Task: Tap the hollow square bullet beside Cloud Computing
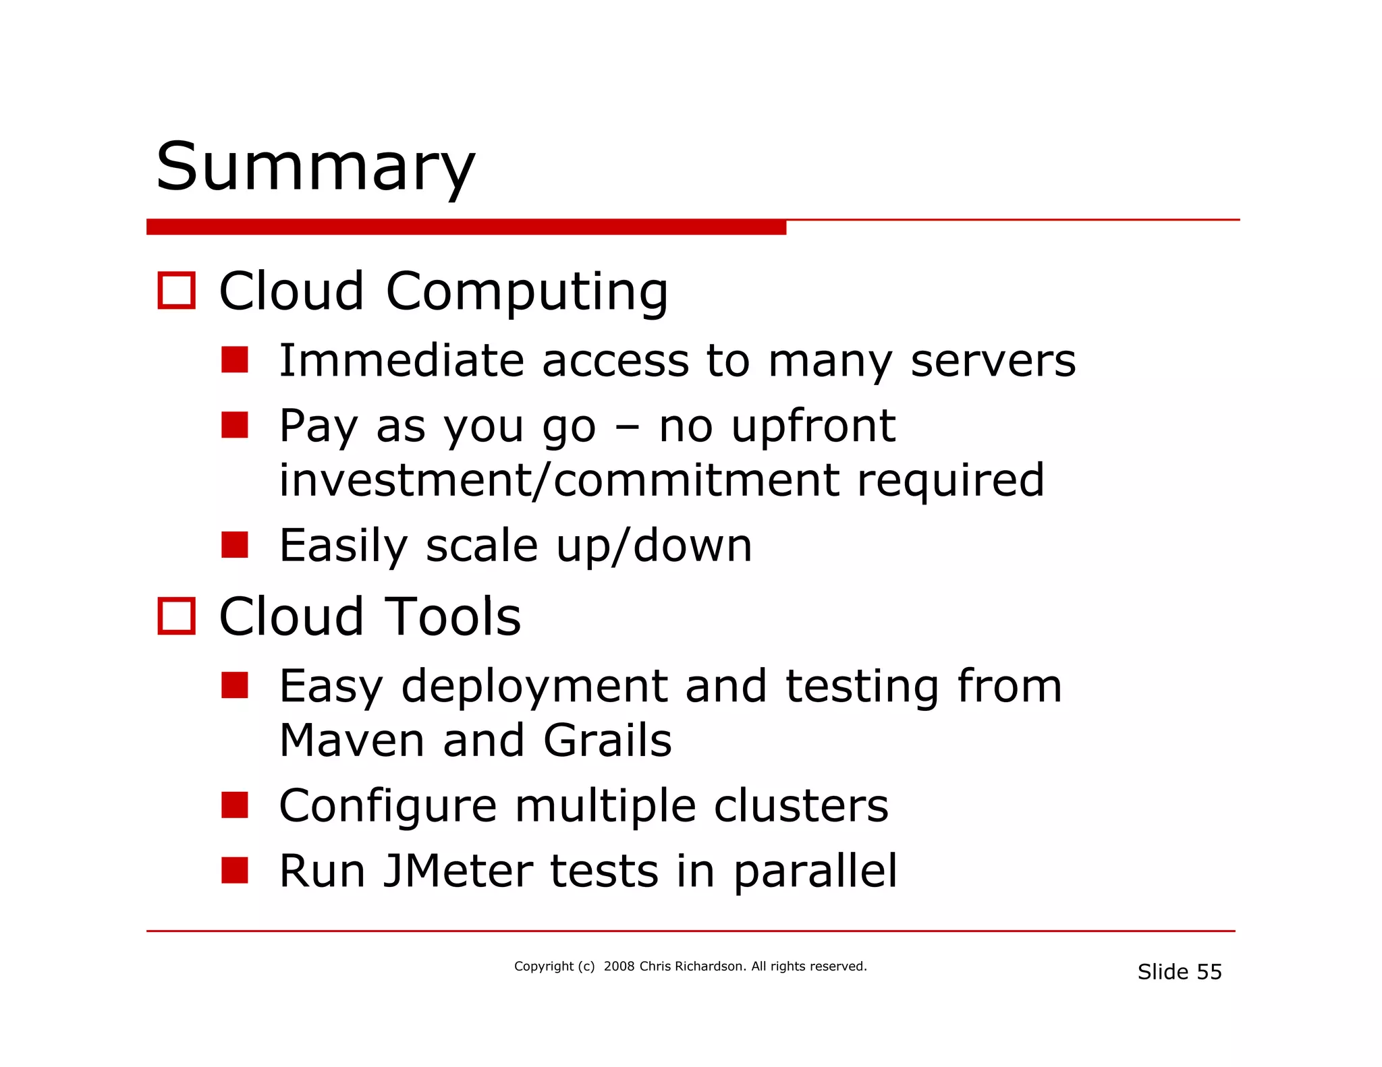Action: click(177, 291)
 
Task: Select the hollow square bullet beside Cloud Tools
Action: click(177, 616)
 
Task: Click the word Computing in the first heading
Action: click(526, 292)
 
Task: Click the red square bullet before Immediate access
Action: click(235, 359)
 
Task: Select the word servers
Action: click(993, 361)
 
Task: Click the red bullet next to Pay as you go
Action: click(235, 425)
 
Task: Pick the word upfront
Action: click(813, 427)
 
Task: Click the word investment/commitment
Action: click(559, 480)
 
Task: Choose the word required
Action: click(950, 481)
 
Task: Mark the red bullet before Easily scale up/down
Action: click(235, 545)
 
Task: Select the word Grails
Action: click(607, 741)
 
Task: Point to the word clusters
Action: click(801, 805)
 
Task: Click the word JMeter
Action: click(458, 871)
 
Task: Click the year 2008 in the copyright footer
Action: click(619, 967)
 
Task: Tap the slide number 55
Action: click(1209, 972)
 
